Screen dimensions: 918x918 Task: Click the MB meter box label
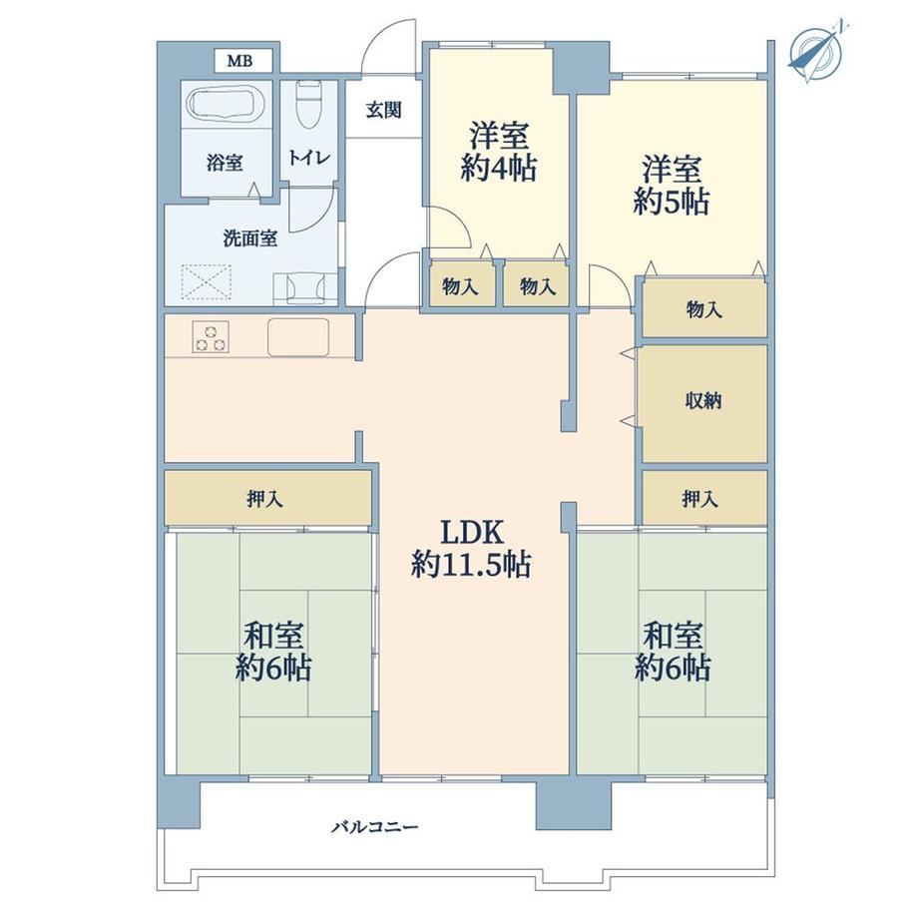240,60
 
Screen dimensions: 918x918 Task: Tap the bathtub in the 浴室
226,103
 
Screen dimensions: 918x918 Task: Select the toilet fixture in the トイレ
308,104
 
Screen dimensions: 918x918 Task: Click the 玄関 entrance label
383,110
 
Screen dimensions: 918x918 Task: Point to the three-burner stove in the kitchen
210,337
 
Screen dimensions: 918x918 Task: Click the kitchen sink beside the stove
298,337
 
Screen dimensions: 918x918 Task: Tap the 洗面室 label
249,238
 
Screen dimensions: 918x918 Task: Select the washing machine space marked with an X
207,282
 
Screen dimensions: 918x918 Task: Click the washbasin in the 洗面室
305,288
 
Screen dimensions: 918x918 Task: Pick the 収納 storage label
703,401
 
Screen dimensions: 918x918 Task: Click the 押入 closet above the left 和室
268,498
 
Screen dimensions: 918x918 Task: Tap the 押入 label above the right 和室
699,499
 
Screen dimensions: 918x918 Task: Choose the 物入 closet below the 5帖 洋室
704,308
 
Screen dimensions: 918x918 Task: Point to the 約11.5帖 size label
471,565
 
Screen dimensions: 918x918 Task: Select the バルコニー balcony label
375,826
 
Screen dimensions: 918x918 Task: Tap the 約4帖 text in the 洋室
498,169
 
